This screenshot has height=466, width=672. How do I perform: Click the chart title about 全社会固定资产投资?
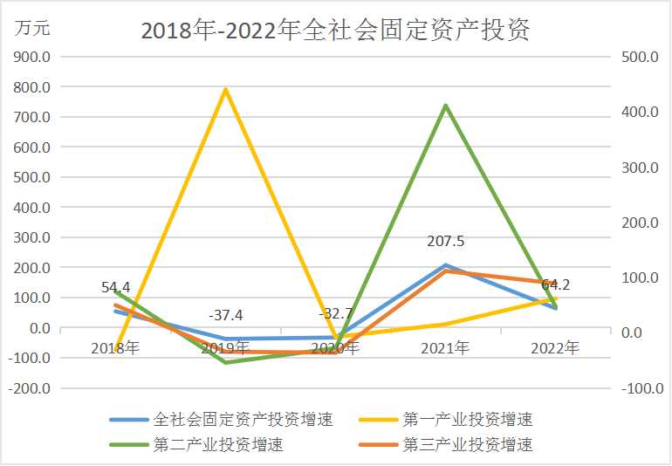[x=336, y=31]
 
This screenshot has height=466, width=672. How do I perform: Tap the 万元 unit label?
[x=32, y=27]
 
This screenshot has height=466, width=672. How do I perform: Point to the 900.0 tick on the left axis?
[x=30, y=58]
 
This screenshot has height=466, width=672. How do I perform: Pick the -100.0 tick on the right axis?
[x=642, y=388]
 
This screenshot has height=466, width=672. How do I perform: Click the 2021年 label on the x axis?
[x=445, y=348]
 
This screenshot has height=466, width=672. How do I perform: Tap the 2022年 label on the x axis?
[x=555, y=348]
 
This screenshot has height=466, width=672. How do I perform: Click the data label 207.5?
[x=445, y=242]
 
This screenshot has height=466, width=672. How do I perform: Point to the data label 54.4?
[x=115, y=287]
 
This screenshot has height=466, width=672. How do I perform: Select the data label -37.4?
[x=226, y=315]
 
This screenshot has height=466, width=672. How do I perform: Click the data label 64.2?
[x=556, y=284]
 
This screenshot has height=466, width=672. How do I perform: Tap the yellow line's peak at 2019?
[x=226, y=89]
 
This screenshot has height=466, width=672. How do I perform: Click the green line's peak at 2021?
[x=445, y=106]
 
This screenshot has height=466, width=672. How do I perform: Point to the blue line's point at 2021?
[x=445, y=265]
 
